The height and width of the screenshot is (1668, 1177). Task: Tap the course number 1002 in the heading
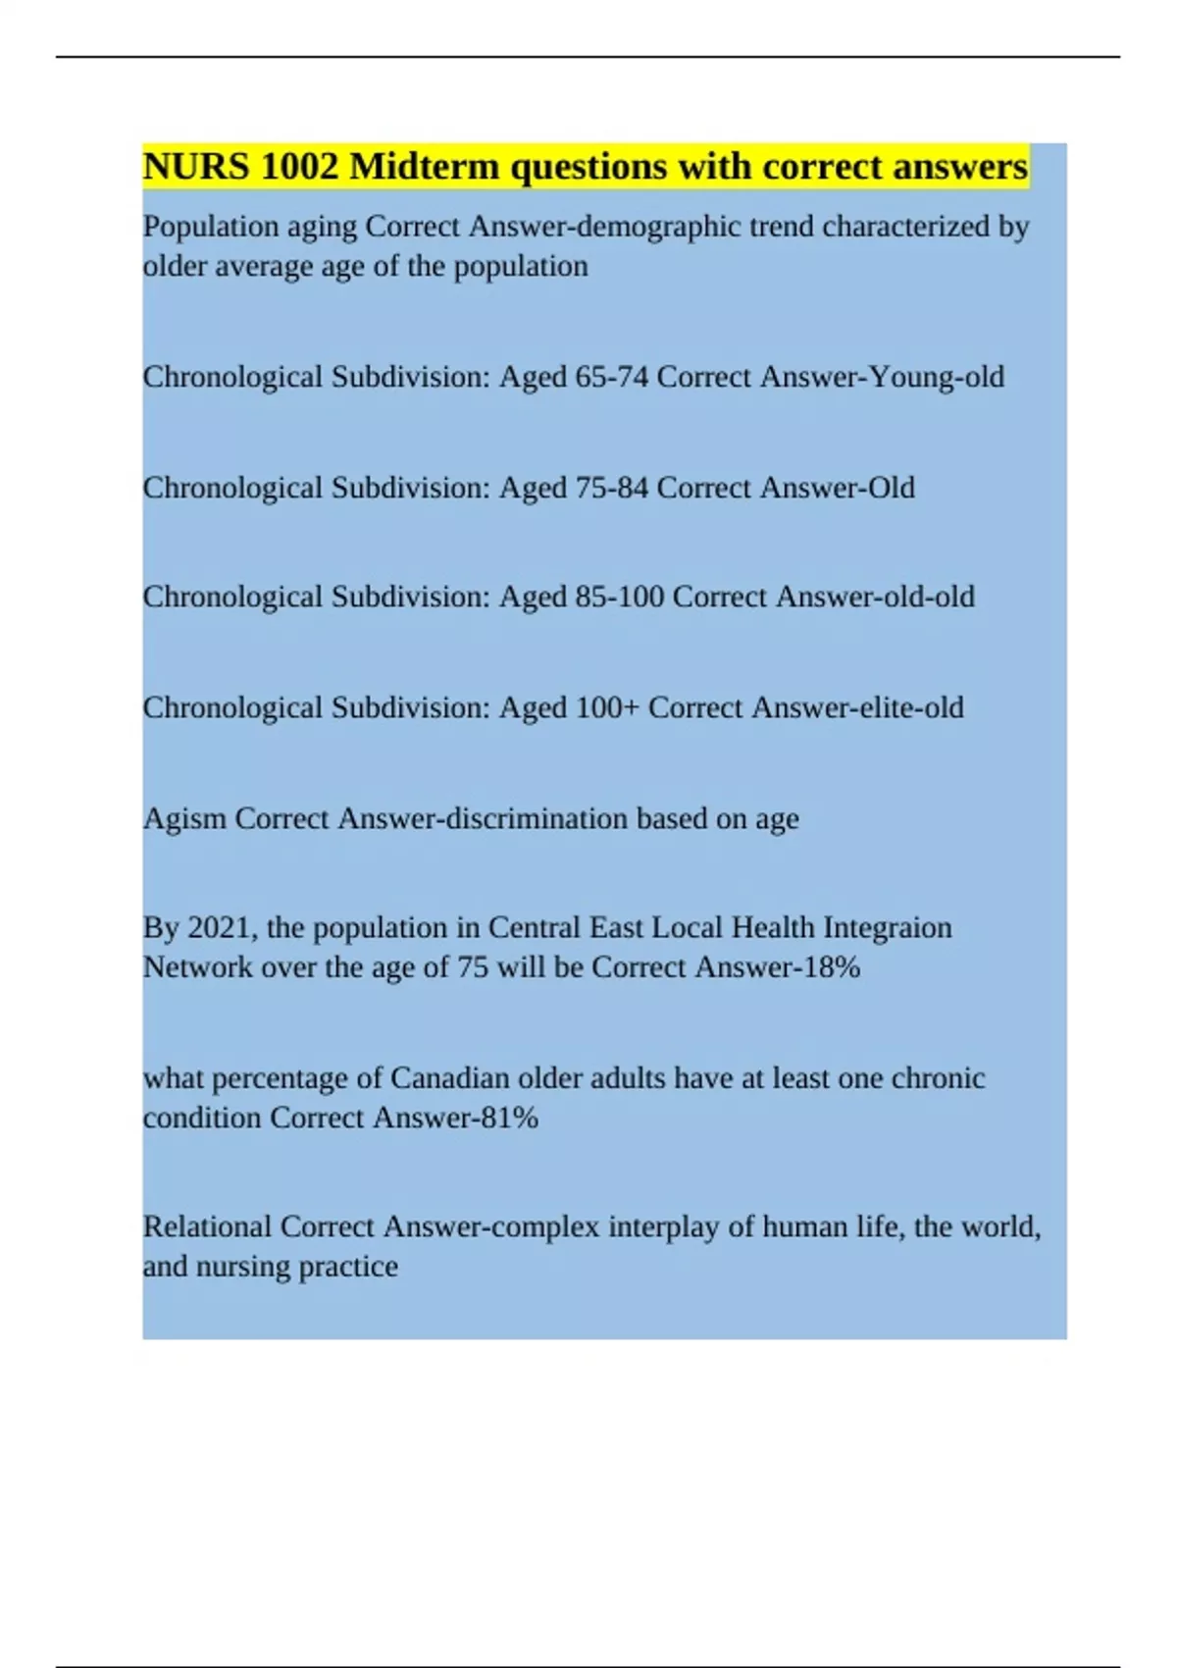pyautogui.click(x=299, y=167)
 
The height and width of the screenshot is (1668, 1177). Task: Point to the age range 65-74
pyautogui.click(x=611, y=377)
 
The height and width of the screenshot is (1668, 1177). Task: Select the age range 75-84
pyautogui.click(x=611, y=488)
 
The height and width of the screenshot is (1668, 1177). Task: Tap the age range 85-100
pyautogui.click(x=620, y=597)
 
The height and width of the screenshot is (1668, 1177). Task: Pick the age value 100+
pyautogui.click(x=607, y=707)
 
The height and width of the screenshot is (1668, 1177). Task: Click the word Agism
pyautogui.click(x=184, y=818)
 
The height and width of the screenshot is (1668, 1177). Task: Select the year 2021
pyautogui.click(x=222, y=927)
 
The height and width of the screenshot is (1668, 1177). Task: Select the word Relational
pyautogui.click(x=207, y=1226)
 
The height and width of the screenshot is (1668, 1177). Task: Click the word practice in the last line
pyautogui.click(x=348, y=1267)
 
